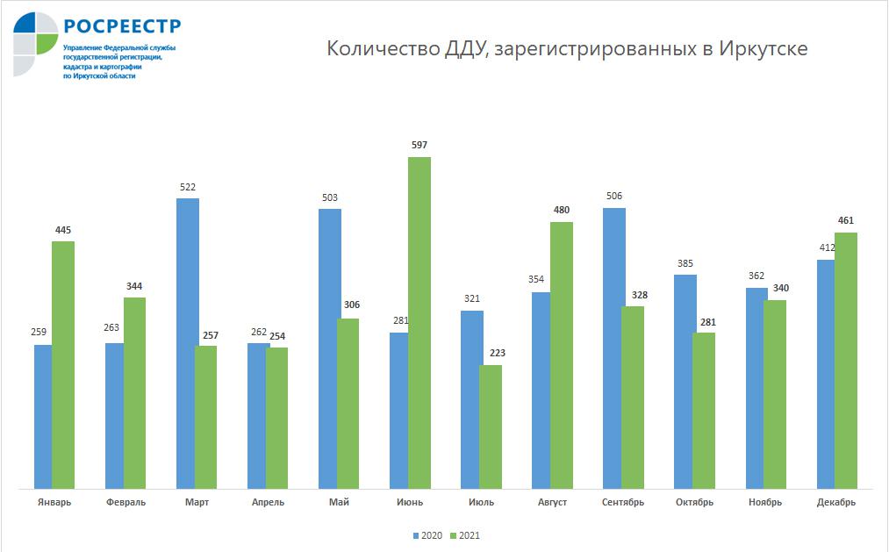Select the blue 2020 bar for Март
click(187, 342)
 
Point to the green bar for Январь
click(63, 364)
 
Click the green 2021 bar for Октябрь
click(704, 410)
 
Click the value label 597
click(419, 145)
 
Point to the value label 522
click(187, 187)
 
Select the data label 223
click(497, 353)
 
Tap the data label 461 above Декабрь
click(845, 220)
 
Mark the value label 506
click(613, 196)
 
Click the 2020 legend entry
click(429, 535)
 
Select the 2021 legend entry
click(465, 535)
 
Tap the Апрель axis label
click(268, 502)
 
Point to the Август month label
click(552, 502)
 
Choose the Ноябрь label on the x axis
click(765, 502)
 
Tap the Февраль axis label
click(125, 502)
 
